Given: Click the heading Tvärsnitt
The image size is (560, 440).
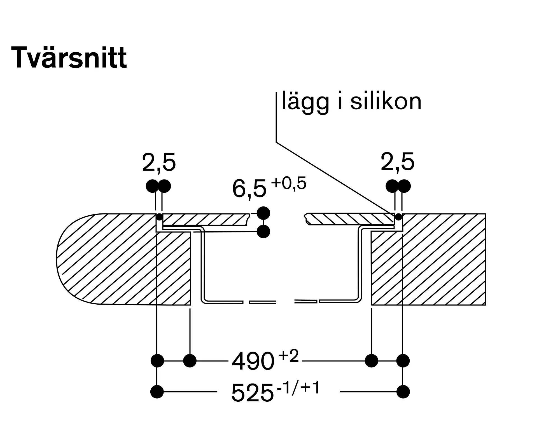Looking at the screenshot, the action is [69, 57].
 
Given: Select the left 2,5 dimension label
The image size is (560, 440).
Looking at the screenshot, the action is [159, 163].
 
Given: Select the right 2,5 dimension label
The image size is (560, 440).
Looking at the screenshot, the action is [397, 162].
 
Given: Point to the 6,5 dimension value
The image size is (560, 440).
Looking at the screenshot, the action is [249, 189].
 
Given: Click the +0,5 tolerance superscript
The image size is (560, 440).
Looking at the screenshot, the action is [289, 184].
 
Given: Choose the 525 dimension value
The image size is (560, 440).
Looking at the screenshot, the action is [252, 393].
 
